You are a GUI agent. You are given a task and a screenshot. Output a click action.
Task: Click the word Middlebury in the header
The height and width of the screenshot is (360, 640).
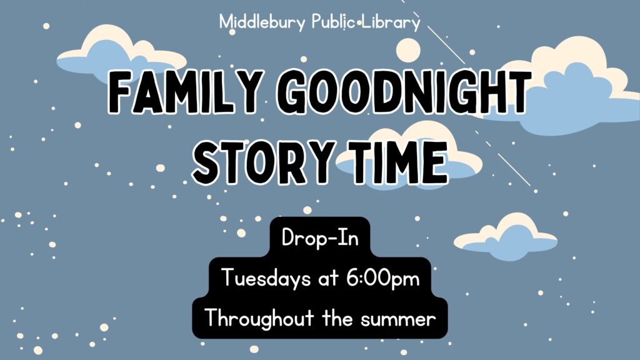coord(262,22)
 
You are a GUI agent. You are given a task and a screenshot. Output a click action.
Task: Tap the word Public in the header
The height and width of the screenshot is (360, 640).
coord(333,22)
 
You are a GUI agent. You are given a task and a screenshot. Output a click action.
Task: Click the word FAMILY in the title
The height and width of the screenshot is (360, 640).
coord(183,92)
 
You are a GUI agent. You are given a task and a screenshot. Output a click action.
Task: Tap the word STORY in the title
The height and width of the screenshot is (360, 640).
coord(262,162)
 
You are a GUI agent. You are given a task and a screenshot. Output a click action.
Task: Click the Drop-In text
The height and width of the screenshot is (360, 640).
coord(320,237)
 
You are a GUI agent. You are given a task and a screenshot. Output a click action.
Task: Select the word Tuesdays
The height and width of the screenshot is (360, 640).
coord(266,279)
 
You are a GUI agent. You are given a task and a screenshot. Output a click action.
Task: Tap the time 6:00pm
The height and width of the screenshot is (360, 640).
coord(383,279)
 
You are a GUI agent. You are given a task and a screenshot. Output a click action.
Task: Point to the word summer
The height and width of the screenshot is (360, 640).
coord(398,319)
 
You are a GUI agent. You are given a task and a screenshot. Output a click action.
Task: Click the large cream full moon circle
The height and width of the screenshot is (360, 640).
coord(408,51)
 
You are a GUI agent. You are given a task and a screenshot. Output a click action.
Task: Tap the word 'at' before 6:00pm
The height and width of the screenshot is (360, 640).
coord(329,279)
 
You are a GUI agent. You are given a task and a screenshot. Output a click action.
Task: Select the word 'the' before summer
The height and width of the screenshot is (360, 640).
coord(337,319)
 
